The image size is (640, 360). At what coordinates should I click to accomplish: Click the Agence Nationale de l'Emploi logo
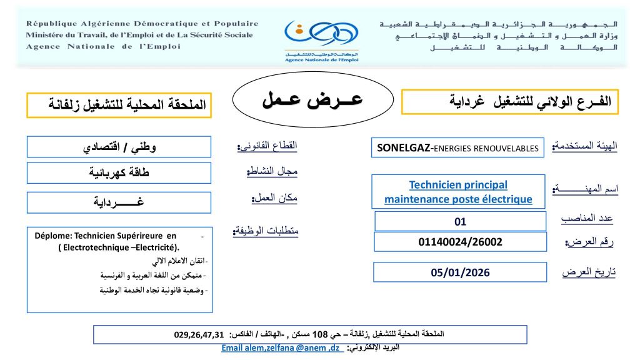(x=319, y=39)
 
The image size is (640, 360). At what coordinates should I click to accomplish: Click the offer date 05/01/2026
(x=460, y=272)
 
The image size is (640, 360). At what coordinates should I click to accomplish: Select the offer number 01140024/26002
(x=460, y=241)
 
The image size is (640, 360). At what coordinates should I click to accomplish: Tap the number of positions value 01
(x=460, y=221)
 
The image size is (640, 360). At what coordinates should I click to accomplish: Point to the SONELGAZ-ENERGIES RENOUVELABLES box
(x=458, y=148)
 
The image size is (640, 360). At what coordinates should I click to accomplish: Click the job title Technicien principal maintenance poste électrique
(x=458, y=192)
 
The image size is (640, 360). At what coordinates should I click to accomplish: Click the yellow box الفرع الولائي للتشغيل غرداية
(x=510, y=101)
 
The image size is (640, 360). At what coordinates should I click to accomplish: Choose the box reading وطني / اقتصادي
(x=119, y=148)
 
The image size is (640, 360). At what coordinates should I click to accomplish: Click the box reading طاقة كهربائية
(x=119, y=172)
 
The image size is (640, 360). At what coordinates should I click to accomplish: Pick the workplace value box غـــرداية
(x=119, y=201)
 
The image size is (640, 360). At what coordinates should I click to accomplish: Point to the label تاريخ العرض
(x=588, y=273)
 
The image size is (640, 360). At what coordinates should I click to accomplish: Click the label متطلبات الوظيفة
(x=266, y=231)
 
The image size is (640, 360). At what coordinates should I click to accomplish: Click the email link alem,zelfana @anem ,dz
(x=281, y=347)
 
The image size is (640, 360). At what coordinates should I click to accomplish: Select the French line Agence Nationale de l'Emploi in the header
(x=103, y=46)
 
